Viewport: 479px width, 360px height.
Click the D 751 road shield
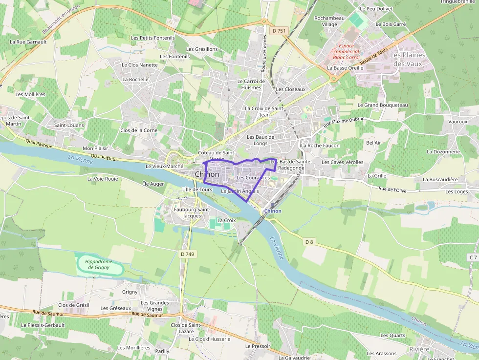[x=279, y=31]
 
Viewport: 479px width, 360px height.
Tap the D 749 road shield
[x=187, y=254]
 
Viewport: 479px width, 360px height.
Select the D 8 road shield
[x=308, y=241]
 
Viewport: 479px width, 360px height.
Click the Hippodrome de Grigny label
[x=98, y=265]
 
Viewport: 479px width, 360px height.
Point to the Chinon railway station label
[x=273, y=211]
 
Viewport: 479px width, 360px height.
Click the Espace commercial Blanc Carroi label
[x=346, y=51]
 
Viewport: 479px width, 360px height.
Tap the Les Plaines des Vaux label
[x=408, y=60]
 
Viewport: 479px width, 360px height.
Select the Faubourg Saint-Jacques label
[x=192, y=212]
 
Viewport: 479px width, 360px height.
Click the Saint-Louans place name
[x=69, y=126]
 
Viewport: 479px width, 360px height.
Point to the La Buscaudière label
[x=440, y=179]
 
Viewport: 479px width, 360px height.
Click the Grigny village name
[x=130, y=292]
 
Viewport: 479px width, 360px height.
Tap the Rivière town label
[x=419, y=349]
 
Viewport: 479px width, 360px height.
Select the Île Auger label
[x=153, y=184]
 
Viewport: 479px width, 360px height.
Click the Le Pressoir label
[x=258, y=346]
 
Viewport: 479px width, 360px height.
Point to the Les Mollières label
[x=30, y=94]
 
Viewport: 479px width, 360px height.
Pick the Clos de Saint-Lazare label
[x=186, y=328]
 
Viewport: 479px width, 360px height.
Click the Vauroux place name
[x=457, y=121]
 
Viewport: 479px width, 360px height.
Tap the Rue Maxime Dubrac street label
[x=344, y=122]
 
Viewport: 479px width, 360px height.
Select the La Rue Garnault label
[x=28, y=42]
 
